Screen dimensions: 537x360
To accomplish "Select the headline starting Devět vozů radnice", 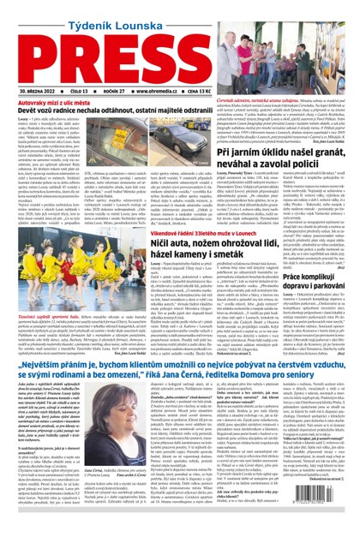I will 120,111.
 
